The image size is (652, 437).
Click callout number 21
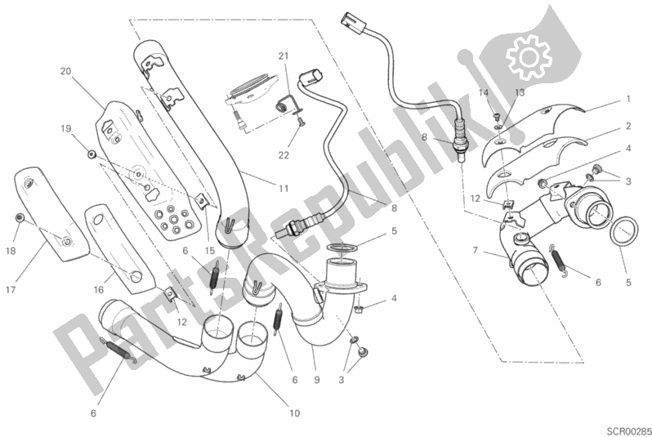pos(284,56)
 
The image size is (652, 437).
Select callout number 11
pos(284,188)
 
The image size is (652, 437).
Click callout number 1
pos(628,99)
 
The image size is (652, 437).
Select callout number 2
pos(628,127)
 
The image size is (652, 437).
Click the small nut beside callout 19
pos(89,154)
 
